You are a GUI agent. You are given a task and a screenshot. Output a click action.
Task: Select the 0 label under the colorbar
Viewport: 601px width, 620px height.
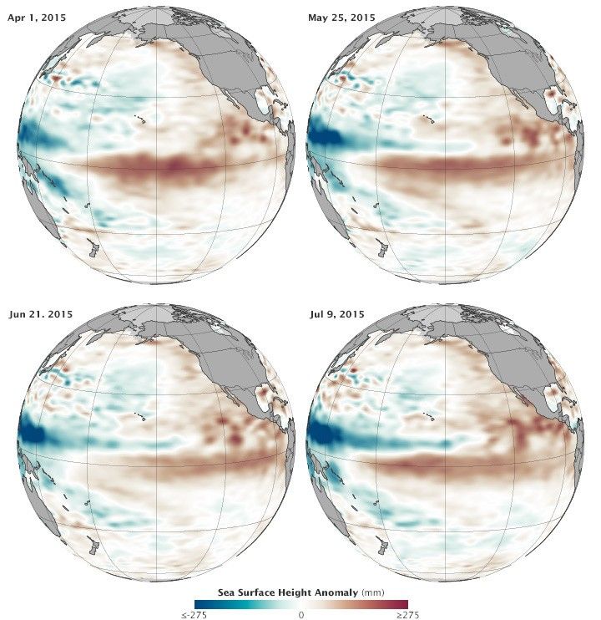point(300,614)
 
